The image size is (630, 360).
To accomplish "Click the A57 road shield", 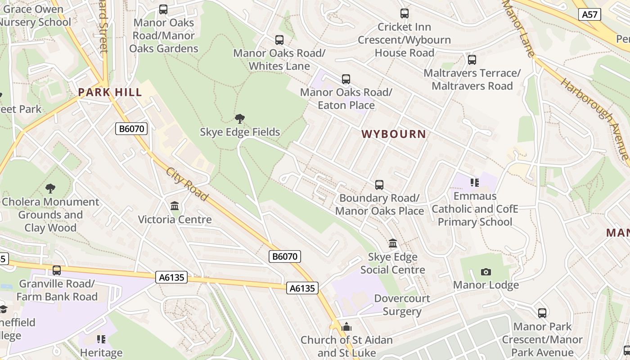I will tap(589, 14).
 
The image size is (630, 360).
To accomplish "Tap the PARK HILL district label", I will tap(110, 92).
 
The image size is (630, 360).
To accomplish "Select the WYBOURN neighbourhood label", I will tap(394, 134).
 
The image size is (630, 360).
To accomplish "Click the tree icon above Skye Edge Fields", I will tap(240, 119).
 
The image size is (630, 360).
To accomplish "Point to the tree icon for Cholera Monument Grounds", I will tap(50, 189).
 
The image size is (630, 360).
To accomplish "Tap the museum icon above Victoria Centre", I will tap(175, 206).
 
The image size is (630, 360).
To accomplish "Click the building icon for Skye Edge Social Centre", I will tap(393, 243).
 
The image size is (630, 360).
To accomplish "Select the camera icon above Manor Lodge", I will tap(486, 272).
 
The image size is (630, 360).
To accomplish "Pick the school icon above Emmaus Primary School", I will tap(475, 182).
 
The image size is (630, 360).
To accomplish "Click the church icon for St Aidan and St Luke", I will tap(346, 327).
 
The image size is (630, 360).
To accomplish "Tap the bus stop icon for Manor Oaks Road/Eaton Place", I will tap(346, 79).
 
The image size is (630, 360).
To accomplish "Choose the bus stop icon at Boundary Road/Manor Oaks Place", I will tap(379, 185).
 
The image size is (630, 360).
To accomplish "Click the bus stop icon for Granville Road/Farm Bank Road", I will tap(57, 270).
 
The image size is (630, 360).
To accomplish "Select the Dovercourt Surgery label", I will tap(402, 305).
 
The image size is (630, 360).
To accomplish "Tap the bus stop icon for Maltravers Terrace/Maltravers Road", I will tap(472, 60).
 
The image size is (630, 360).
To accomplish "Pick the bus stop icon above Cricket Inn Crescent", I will tap(404, 14).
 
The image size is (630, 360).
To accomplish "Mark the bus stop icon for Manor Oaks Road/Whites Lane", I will tap(279, 40).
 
